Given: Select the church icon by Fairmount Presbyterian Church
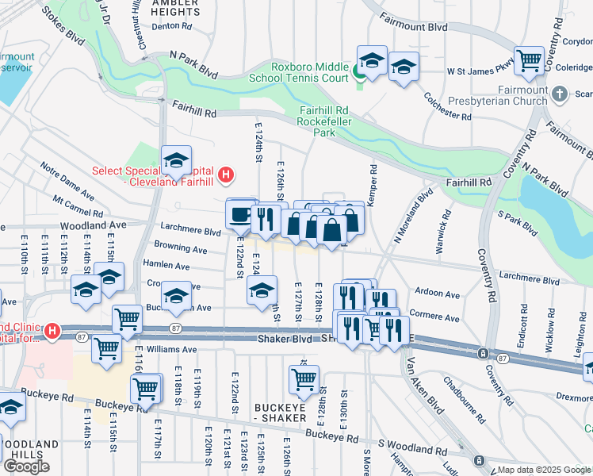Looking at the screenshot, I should (560, 95).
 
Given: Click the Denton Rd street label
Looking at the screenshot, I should (171, 26).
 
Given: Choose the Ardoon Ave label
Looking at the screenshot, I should (437, 294).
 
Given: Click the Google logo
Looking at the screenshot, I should (26, 466).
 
